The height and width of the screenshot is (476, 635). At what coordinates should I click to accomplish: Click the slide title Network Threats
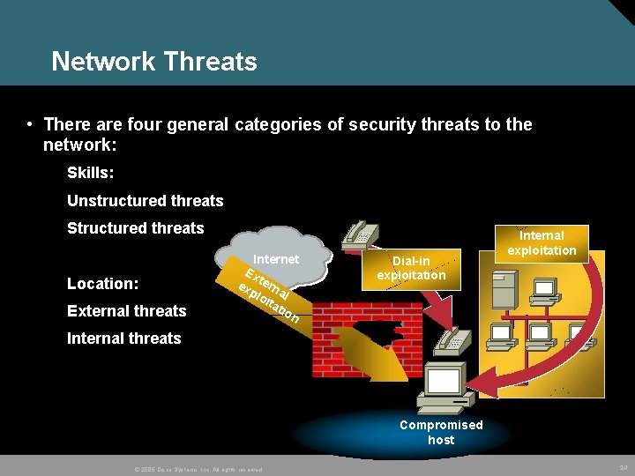[x=154, y=62]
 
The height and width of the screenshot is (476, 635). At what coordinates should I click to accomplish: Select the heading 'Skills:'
[x=90, y=173]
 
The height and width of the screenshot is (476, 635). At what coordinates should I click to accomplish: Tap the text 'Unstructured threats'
[x=145, y=200]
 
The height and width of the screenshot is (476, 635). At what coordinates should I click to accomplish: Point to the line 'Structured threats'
[x=135, y=227]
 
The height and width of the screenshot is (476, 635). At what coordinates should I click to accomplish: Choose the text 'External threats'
[x=126, y=310]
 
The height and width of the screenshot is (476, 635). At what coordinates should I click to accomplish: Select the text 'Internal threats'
[x=123, y=338]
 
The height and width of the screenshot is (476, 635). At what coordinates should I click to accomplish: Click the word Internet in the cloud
[x=276, y=259]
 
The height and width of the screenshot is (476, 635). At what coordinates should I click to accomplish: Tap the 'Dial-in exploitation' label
[x=411, y=268]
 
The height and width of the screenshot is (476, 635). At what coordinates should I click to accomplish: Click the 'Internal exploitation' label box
[x=542, y=242]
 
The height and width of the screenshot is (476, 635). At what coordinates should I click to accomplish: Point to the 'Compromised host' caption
[x=441, y=432]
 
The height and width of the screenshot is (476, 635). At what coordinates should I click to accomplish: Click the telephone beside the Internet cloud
[x=359, y=234]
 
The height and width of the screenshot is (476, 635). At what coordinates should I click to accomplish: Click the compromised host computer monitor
[x=443, y=381]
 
